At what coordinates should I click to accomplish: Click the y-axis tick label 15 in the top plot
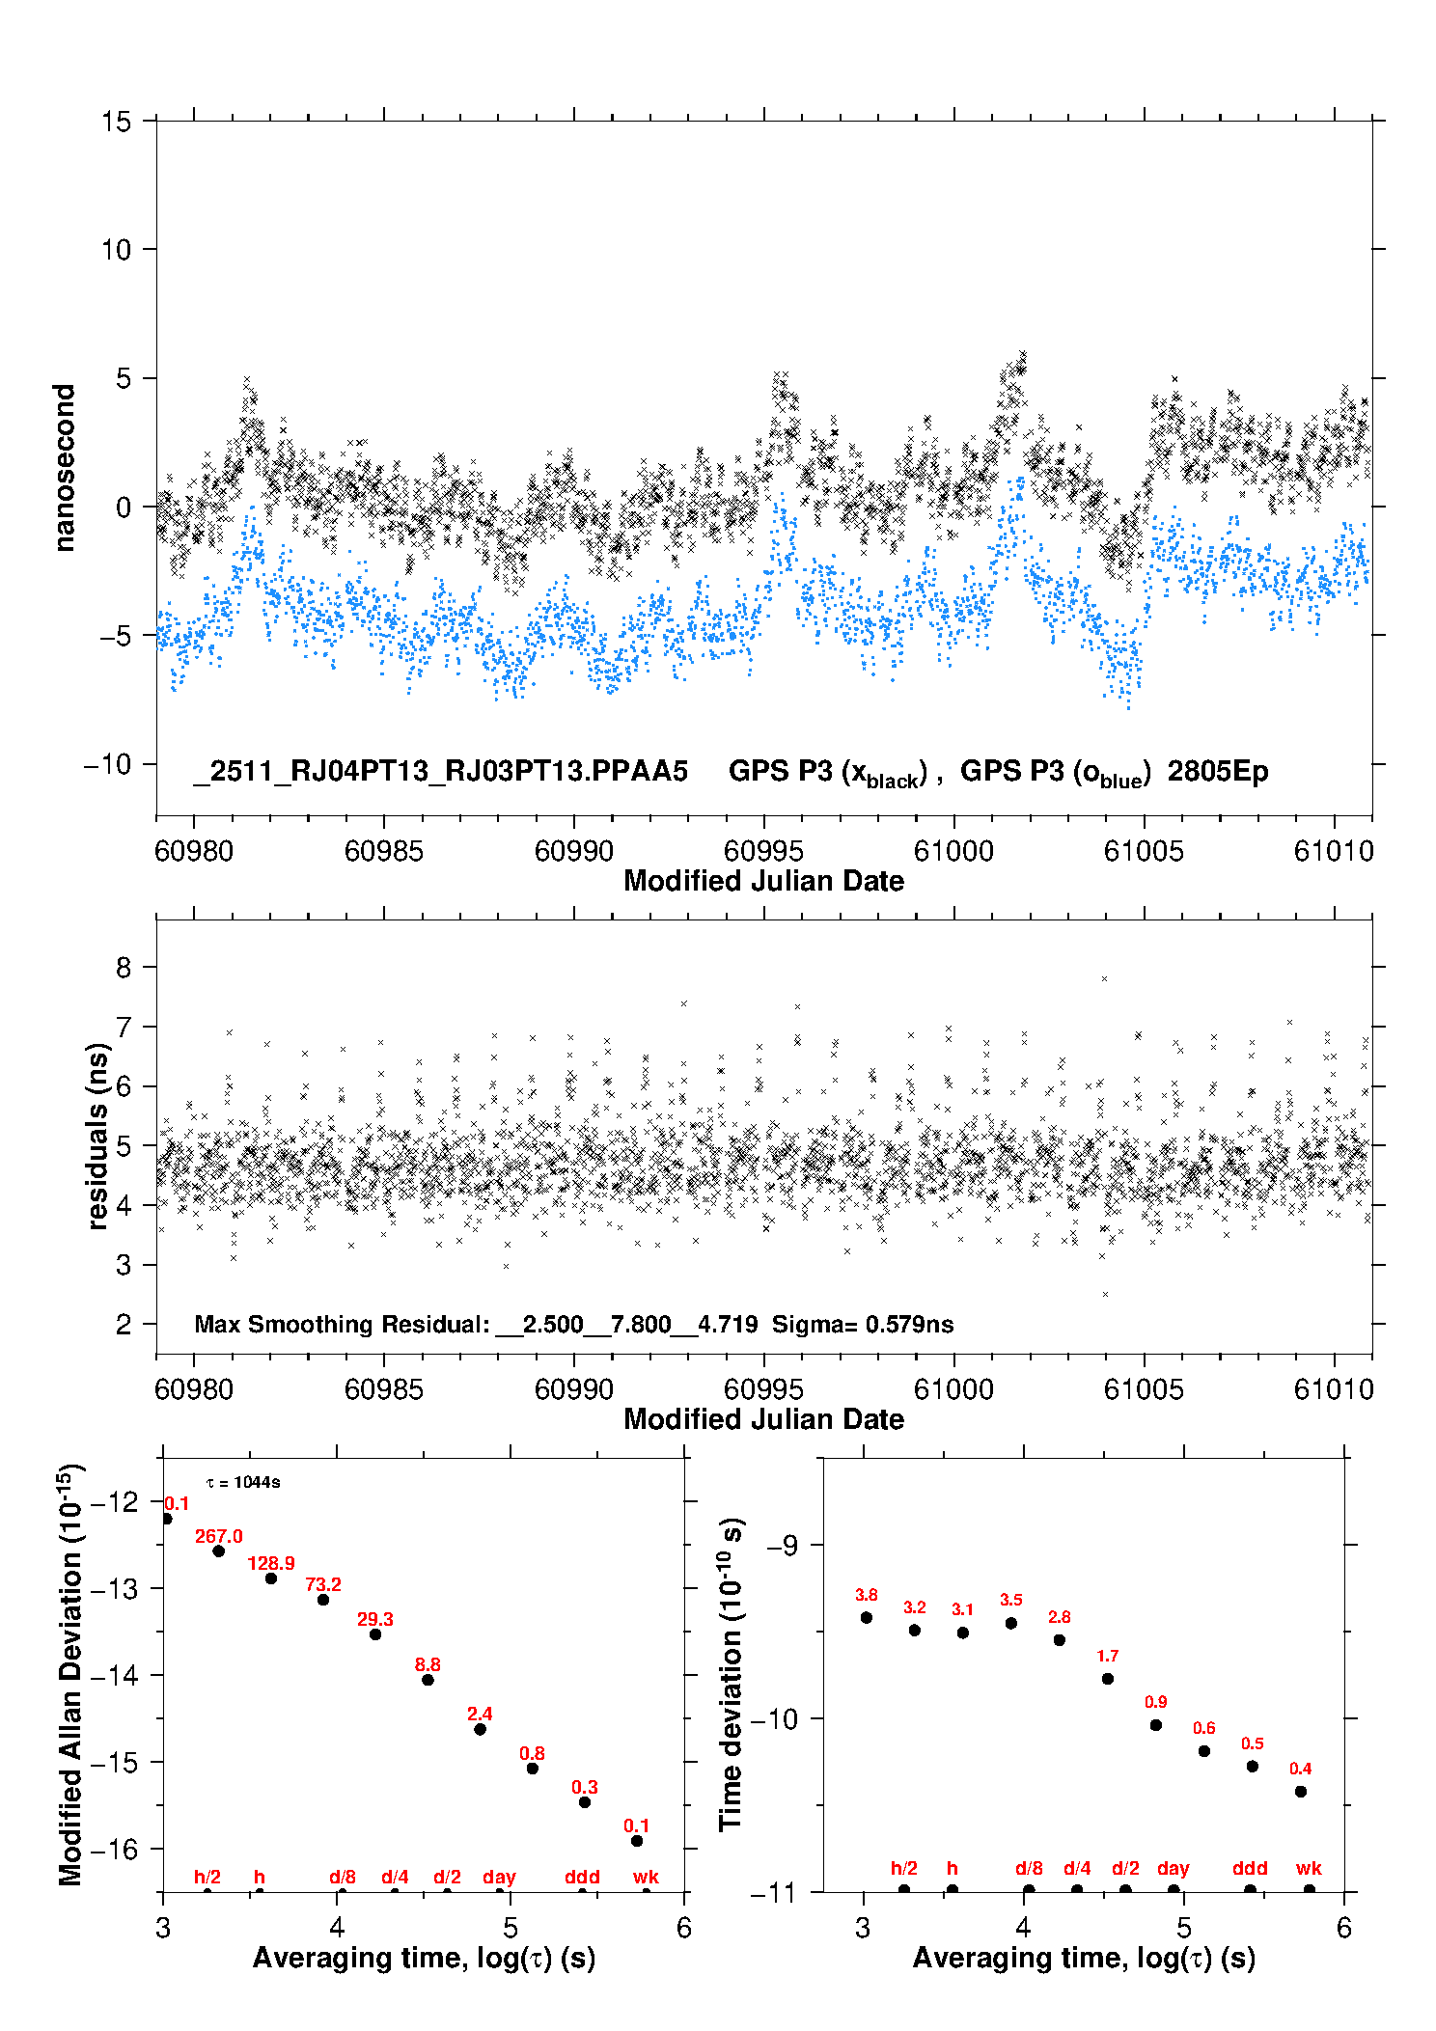pyautogui.click(x=116, y=122)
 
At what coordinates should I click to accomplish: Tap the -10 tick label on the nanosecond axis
pyautogui.click(x=107, y=764)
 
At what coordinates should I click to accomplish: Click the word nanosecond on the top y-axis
pyautogui.click(x=64, y=468)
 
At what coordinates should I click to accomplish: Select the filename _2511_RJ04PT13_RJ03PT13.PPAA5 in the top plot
pyautogui.click(x=441, y=771)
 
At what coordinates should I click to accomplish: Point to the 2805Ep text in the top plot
pyautogui.click(x=1218, y=771)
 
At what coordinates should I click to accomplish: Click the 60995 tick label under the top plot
pyautogui.click(x=763, y=851)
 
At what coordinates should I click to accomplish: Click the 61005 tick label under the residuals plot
pyautogui.click(x=1144, y=1389)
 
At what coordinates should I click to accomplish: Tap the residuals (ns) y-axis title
pyautogui.click(x=97, y=1137)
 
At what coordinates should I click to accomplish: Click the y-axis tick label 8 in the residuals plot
pyautogui.click(x=124, y=967)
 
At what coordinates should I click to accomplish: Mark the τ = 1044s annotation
pyautogui.click(x=243, y=1482)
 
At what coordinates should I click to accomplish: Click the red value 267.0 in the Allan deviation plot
pyautogui.click(x=219, y=1536)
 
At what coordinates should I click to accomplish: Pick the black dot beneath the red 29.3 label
pyautogui.click(x=375, y=1634)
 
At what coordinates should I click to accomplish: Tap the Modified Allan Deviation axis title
pyautogui.click(x=70, y=1675)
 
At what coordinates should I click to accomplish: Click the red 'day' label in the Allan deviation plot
pyautogui.click(x=499, y=1877)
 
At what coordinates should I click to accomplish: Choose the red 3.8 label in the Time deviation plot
pyautogui.click(x=867, y=1595)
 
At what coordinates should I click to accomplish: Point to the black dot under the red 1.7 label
pyautogui.click(x=1108, y=1679)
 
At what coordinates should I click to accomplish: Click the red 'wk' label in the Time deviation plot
pyautogui.click(x=1309, y=1868)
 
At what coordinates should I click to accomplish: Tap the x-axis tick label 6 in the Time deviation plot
pyautogui.click(x=1344, y=1928)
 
